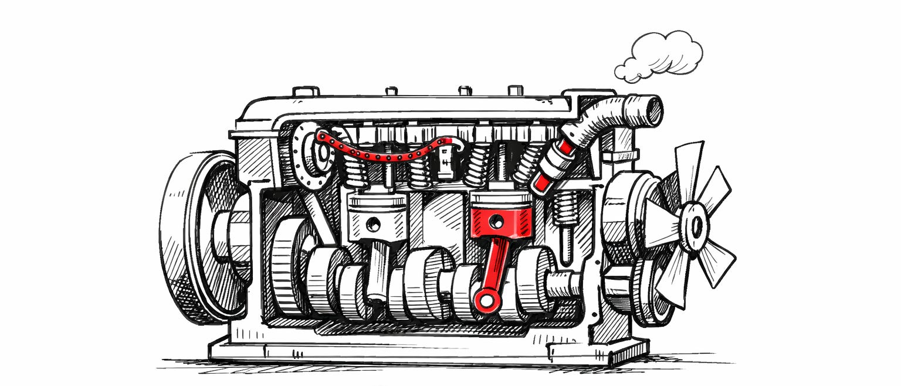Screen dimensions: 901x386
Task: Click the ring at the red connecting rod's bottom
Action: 486,301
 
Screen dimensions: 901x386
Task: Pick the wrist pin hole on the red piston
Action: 496,221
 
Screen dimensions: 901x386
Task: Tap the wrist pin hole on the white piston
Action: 372,224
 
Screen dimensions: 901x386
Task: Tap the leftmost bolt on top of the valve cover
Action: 306,92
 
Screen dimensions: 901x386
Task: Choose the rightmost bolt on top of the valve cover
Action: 515,90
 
